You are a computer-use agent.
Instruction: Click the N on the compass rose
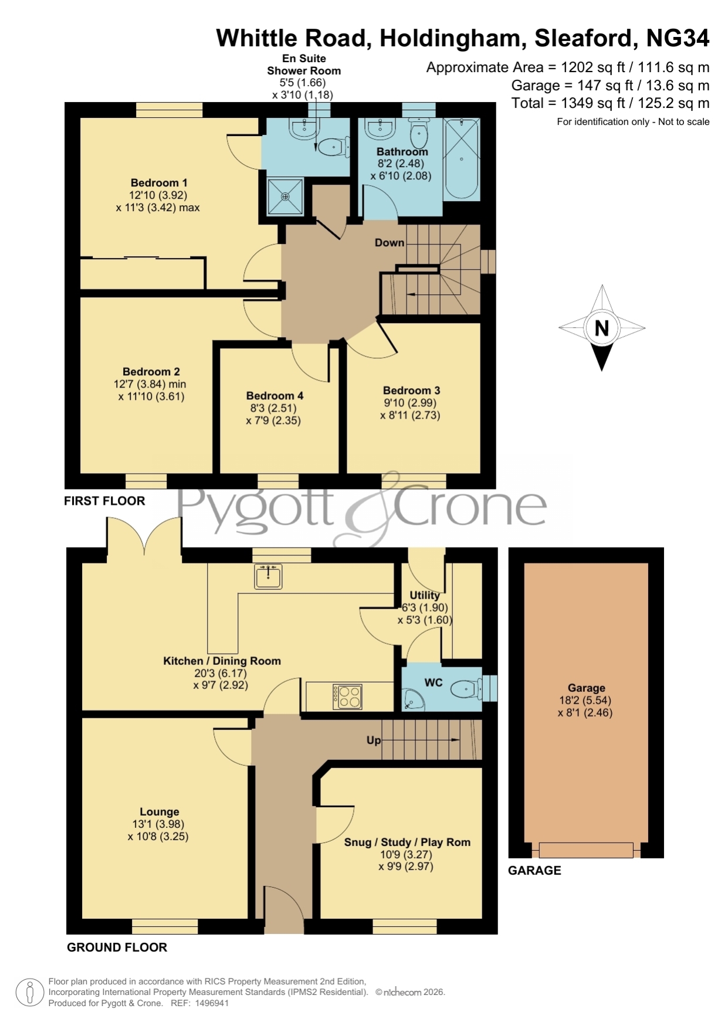click(x=601, y=328)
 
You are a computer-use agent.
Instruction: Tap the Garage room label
click(x=586, y=688)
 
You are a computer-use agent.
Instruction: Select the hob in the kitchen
click(x=347, y=697)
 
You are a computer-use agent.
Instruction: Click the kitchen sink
click(x=268, y=576)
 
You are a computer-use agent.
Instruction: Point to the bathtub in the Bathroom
click(x=462, y=159)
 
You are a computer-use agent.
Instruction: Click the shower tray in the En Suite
click(x=285, y=196)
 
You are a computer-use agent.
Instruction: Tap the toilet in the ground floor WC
click(x=468, y=688)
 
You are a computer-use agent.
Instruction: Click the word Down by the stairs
click(x=390, y=243)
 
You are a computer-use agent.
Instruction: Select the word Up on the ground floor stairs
click(x=374, y=741)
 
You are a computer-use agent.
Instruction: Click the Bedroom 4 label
click(x=275, y=396)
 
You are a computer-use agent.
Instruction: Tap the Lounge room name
click(x=159, y=812)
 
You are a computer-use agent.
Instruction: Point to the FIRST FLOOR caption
click(x=104, y=501)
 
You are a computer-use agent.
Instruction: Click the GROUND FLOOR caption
click(x=117, y=947)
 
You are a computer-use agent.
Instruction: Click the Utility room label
click(x=425, y=595)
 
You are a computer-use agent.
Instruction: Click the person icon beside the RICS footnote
click(x=29, y=993)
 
